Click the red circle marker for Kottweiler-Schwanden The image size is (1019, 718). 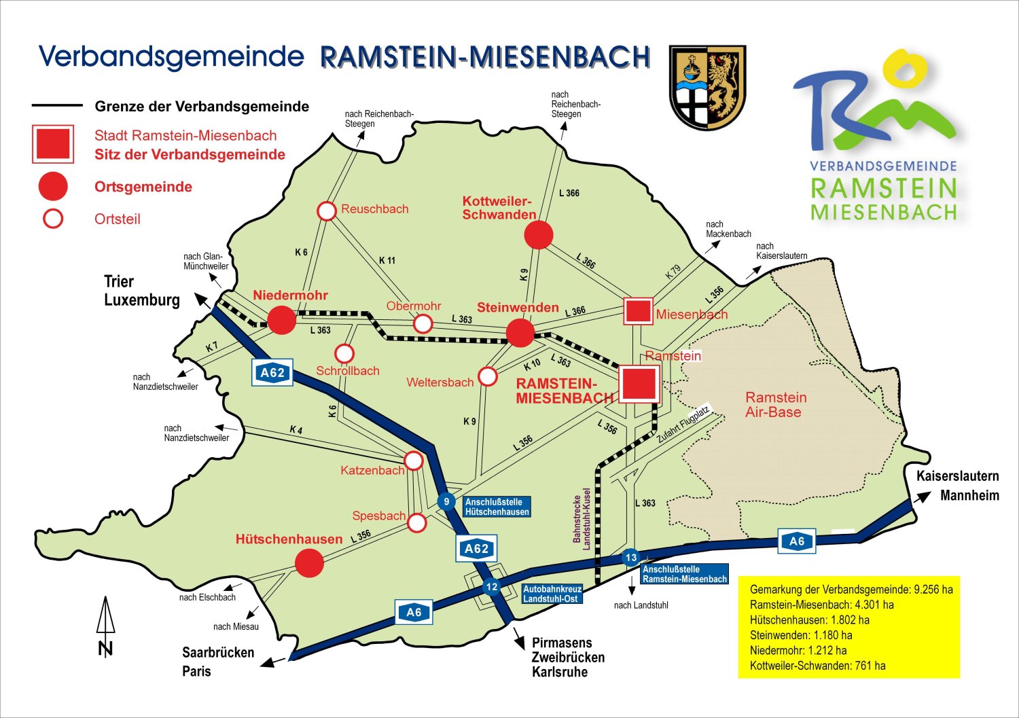pyautogui.click(x=539, y=235)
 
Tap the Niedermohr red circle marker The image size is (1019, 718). pyautogui.click(x=281, y=320)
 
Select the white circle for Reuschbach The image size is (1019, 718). pyautogui.click(x=327, y=211)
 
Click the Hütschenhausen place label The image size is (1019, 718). pyautogui.click(x=289, y=539)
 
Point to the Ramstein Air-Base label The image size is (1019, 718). pyautogui.click(x=775, y=405)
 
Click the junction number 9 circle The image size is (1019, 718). pyautogui.click(x=446, y=502)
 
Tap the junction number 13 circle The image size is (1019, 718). pyautogui.click(x=631, y=558)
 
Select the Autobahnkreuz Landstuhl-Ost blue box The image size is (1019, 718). pyautogui.click(x=550, y=594)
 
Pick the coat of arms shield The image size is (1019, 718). pyautogui.click(x=707, y=87)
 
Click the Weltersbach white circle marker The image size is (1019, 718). pyautogui.click(x=488, y=376)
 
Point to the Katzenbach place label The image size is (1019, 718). pyautogui.click(x=372, y=471)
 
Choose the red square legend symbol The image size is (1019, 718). pyautogui.click(x=53, y=144)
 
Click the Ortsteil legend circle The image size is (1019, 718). pyautogui.click(x=53, y=219)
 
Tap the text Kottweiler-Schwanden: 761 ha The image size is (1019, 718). pyautogui.click(x=817, y=666)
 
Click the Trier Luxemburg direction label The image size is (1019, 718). pyautogui.click(x=142, y=291)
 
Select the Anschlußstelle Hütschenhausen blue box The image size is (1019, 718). pyautogui.click(x=497, y=507)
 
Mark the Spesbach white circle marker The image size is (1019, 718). pyautogui.click(x=416, y=523)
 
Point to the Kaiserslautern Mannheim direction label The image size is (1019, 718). pyautogui.click(x=958, y=486)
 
